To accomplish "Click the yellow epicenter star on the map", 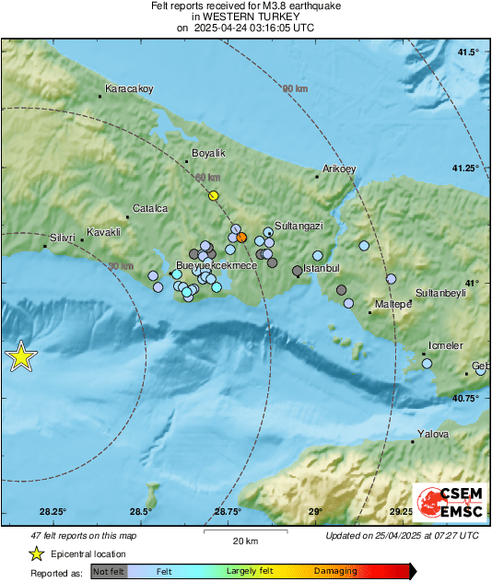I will coord(20,357).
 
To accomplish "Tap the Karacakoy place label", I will coord(129,89).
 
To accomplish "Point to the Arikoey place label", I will coord(339,169).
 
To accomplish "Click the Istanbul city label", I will coord(322,268).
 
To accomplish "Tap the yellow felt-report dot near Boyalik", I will coord(214,195).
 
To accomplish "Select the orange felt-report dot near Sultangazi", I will coord(241,238).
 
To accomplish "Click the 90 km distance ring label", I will coord(294,88).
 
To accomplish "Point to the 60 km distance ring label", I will coord(207,178).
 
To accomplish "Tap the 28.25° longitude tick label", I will coord(53,512).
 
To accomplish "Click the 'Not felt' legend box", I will coord(109,572).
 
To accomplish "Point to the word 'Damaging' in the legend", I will coord(335,572).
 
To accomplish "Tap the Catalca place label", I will coord(150,209).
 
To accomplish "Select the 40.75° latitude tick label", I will coord(466,399).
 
